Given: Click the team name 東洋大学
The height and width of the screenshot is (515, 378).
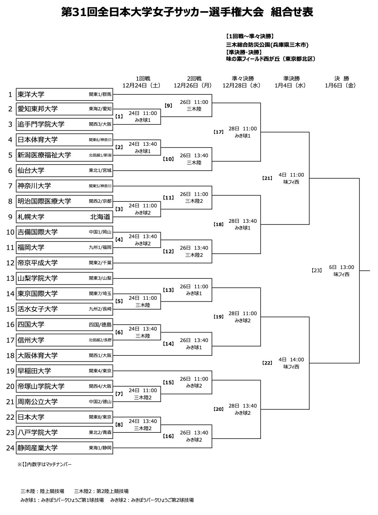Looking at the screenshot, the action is pyautogui.click(x=31, y=94).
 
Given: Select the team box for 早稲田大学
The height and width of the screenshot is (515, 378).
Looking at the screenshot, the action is pyautogui.click(x=65, y=371).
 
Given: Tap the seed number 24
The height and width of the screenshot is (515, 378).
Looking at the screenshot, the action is pyautogui.click(x=10, y=448).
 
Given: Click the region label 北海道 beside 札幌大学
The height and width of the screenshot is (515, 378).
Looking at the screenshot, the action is pyautogui.click(x=100, y=217).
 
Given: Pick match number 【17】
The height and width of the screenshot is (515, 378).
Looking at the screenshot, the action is pyautogui.click(x=218, y=132).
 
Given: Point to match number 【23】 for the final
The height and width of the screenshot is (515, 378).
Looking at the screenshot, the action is pyautogui.click(x=317, y=270).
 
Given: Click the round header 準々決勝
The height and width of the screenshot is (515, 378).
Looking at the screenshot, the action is pyautogui.click(x=243, y=79).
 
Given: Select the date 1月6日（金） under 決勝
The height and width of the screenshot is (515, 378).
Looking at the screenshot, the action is pyautogui.click(x=340, y=86).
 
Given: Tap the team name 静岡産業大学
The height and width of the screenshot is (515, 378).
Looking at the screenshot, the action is pyautogui.click(x=37, y=448).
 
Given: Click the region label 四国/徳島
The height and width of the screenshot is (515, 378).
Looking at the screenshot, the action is pyautogui.click(x=100, y=325).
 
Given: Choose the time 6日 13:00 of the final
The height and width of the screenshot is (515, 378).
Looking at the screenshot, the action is pyautogui.click(x=341, y=267).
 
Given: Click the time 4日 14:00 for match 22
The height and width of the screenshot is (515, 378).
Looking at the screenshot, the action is pyautogui.click(x=291, y=360).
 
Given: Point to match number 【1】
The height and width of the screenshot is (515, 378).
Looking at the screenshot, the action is pyautogui.click(x=119, y=116).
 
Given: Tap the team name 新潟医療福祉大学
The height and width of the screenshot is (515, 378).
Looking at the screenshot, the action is pyautogui.click(x=44, y=155).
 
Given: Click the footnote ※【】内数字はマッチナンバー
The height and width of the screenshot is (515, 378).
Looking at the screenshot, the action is pyautogui.click(x=44, y=465).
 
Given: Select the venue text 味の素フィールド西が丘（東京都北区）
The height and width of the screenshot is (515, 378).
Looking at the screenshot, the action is pyautogui.click(x=270, y=59).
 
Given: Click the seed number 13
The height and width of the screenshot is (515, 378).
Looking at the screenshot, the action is pyautogui.click(x=10, y=278).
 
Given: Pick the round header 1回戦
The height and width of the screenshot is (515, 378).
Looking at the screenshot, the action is pyautogui.click(x=143, y=79).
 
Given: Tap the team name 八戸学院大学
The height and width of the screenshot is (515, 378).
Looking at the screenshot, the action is pyautogui.click(x=37, y=432).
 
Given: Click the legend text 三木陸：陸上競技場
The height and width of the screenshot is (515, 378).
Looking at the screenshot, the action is pyautogui.click(x=42, y=491).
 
